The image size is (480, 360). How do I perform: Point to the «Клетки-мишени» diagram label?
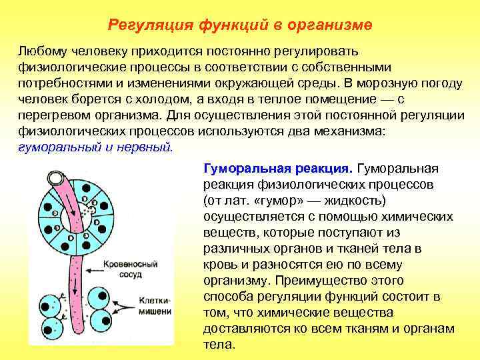155,305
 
